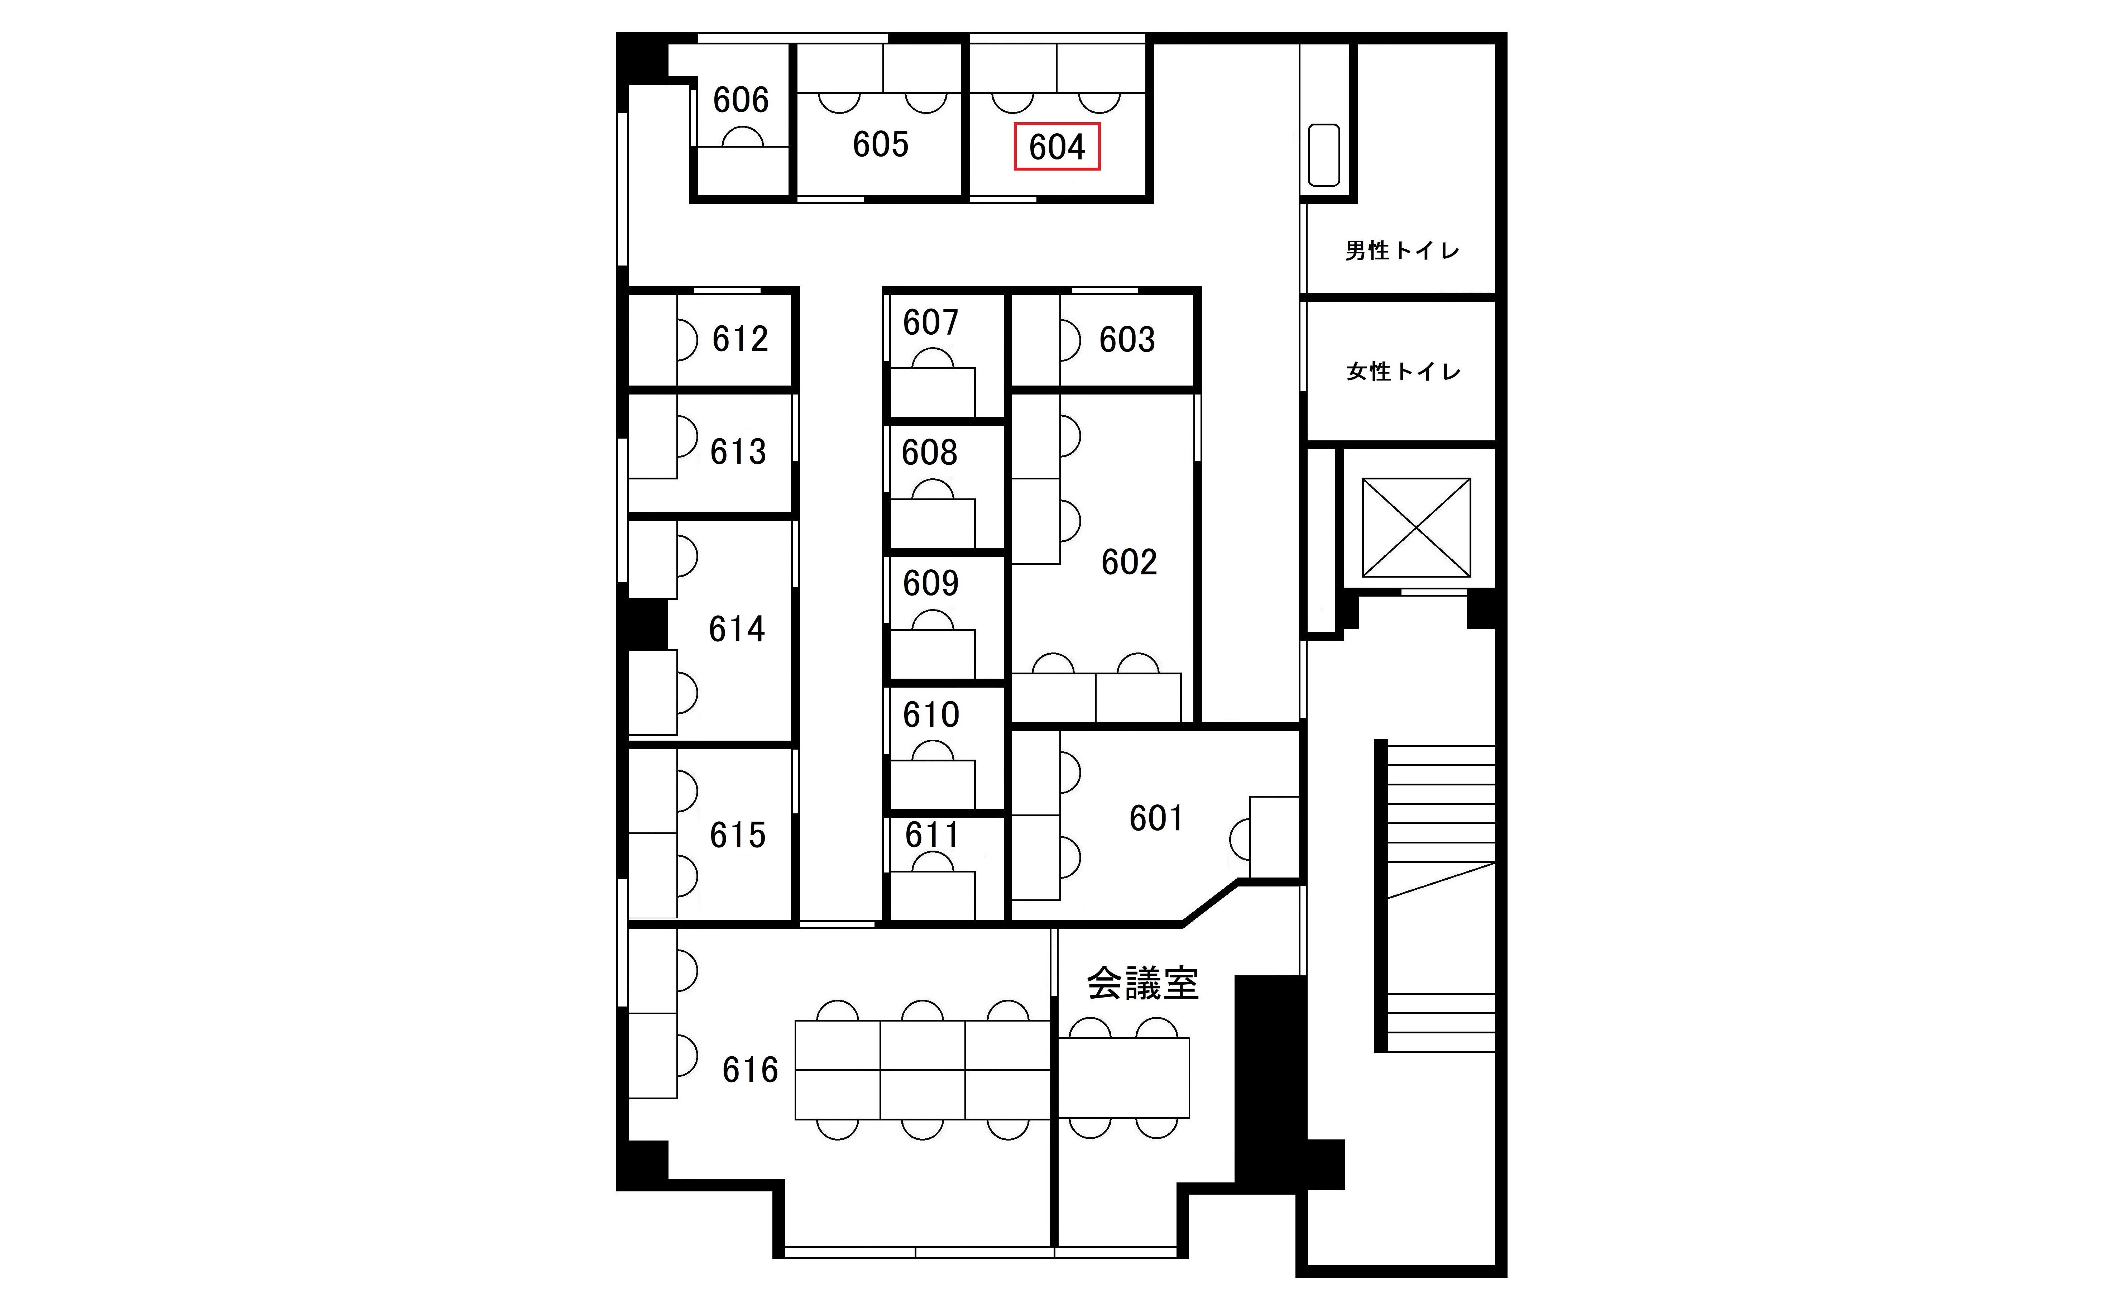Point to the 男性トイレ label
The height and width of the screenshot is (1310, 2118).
pyautogui.click(x=1401, y=250)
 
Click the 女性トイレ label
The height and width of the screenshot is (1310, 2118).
pyautogui.click(x=1403, y=372)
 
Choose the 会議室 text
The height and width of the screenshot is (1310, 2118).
pyautogui.click(x=1142, y=983)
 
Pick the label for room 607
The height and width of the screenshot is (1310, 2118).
pyautogui.click(x=930, y=322)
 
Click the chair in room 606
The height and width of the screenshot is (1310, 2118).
pyautogui.click(x=742, y=138)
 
